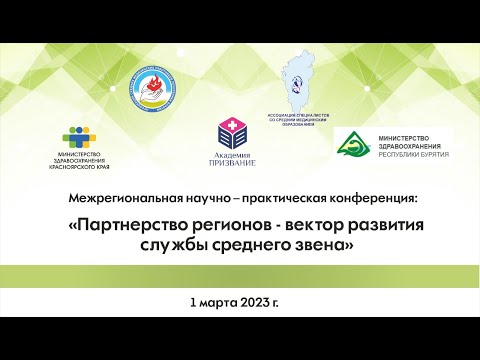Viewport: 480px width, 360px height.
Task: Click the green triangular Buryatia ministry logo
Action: point(352,146)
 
